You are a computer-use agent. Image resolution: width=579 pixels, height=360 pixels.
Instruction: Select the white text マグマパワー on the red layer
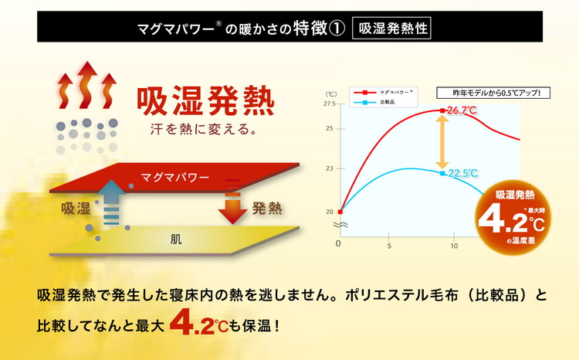click(175, 178)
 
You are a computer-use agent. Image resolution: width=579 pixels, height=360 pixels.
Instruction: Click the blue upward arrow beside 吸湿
click(111, 202)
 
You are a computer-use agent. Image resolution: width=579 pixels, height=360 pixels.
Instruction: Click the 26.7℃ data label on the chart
click(462, 111)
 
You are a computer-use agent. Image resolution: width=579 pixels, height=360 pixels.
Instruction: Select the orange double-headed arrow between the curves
click(442, 143)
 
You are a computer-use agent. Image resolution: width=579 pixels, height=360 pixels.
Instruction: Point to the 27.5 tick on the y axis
click(330, 104)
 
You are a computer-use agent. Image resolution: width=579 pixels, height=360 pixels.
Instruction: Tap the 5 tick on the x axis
click(389, 245)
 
